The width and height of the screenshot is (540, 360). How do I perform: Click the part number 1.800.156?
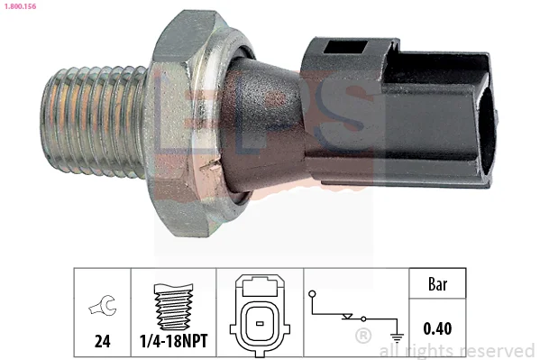(20, 6)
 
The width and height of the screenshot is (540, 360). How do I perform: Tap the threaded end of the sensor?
(94, 122)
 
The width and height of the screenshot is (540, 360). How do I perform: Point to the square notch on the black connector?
(344, 47)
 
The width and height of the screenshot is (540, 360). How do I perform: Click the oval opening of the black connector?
(488, 130)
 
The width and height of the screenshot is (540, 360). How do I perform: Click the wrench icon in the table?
(103, 305)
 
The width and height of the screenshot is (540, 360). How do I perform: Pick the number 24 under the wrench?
(102, 341)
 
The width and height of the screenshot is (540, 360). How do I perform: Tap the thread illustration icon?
(173, 307)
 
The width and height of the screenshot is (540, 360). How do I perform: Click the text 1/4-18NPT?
(174, 341)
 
